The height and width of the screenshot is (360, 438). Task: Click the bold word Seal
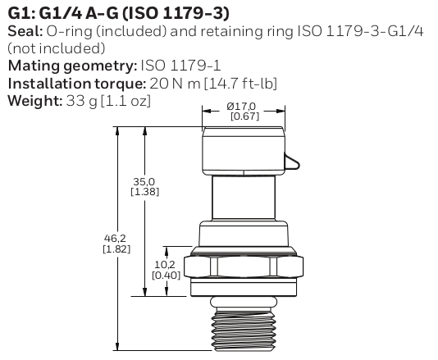tap(22, 31)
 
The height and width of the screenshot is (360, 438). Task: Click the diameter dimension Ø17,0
tap(242, 106)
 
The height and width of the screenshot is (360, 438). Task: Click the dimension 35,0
tap(145, 181)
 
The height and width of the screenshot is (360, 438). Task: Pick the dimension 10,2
tap(162, 265)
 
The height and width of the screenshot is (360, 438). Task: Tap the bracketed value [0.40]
tap(162, 275)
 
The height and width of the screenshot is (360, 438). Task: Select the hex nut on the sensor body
tap(243, 267)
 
